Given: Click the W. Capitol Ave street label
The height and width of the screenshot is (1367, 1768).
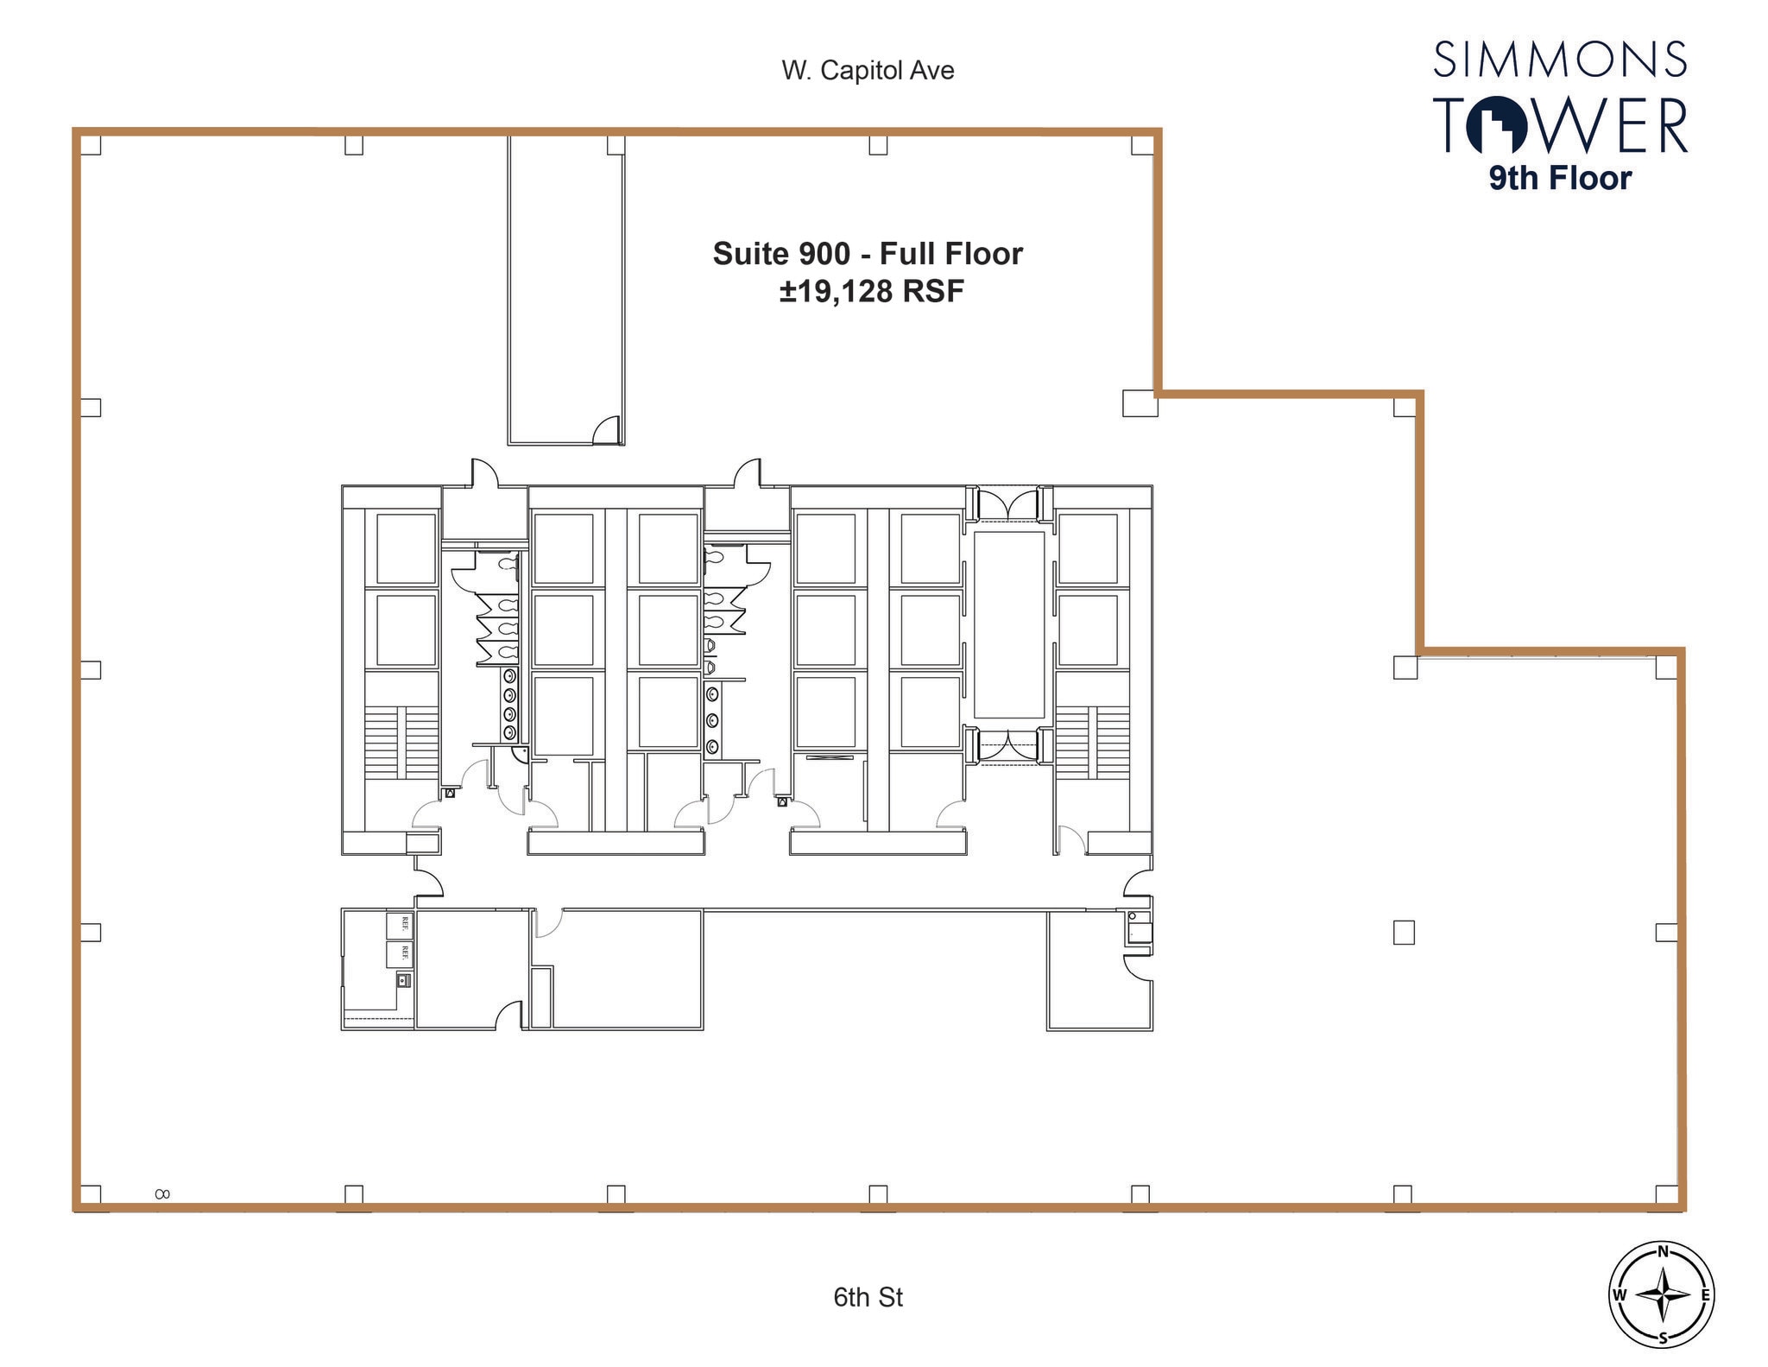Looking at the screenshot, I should [x=868, y=70].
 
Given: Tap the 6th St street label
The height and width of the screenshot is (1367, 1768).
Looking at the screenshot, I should [x=868, y=1297].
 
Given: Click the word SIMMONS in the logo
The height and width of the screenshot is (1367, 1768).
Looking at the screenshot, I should [x=1560, y=60].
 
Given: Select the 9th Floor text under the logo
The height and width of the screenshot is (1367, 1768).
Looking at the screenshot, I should [x=1560, y=179].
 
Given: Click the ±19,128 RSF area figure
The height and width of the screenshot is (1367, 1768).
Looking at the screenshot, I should [x=871, y=292].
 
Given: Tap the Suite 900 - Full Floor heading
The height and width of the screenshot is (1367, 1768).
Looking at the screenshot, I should [x=868, y=254].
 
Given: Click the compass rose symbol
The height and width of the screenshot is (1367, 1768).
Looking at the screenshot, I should [x=1662, y=1294].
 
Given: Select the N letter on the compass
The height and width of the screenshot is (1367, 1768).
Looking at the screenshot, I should [x=1662, y=1252].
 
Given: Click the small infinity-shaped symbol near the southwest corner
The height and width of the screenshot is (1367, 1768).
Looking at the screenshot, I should [x=161, y=1194].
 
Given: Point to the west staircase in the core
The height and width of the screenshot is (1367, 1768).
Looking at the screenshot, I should [x=401, y=743].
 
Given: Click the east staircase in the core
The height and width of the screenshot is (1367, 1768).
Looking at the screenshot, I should [x=1091, y=743].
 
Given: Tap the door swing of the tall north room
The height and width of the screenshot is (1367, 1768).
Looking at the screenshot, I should [x=608, y=428].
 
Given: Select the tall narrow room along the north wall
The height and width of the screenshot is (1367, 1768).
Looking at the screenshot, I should [x=565, y=289].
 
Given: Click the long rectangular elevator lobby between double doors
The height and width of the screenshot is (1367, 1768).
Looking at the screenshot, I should [x=1008, y=623].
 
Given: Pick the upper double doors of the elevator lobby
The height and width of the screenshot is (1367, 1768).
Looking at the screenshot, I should [x=1008, y=503].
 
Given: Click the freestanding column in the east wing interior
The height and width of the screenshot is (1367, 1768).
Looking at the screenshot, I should [x=1404, y=933].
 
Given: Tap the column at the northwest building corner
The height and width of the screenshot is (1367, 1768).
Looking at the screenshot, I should [x=91, y=145].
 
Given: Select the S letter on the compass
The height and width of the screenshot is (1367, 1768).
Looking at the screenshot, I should [x=1662, y=1339].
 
